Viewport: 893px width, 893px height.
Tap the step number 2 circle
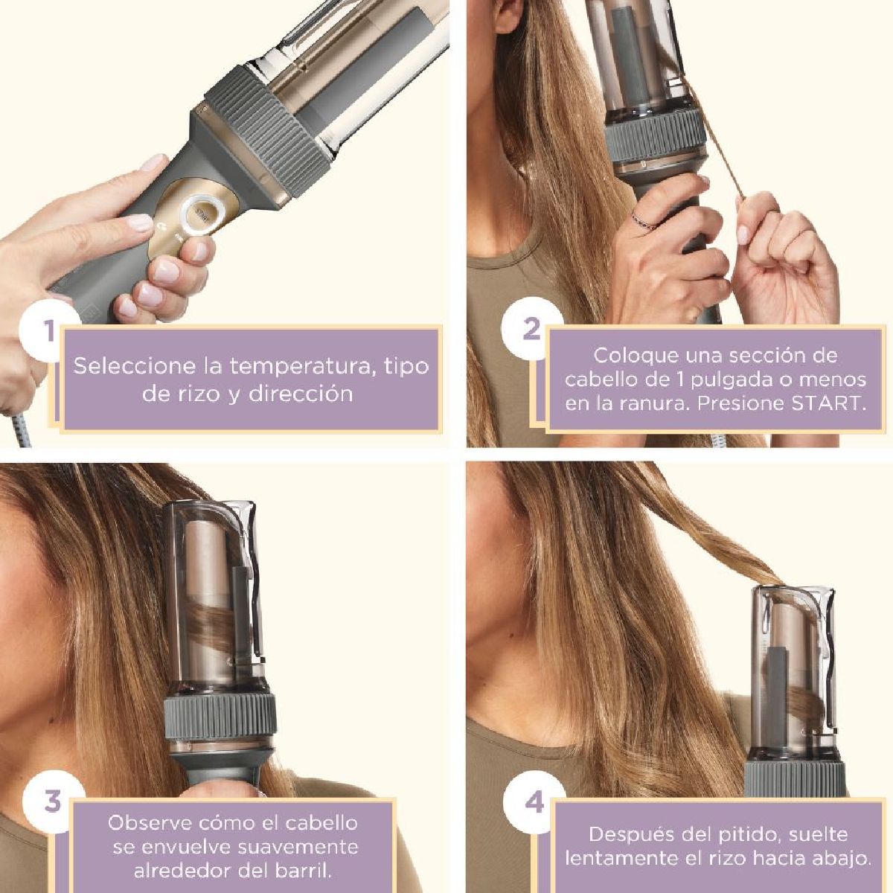[x=531, y=328]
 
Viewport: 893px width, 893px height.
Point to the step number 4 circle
[x=534, y=803]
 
